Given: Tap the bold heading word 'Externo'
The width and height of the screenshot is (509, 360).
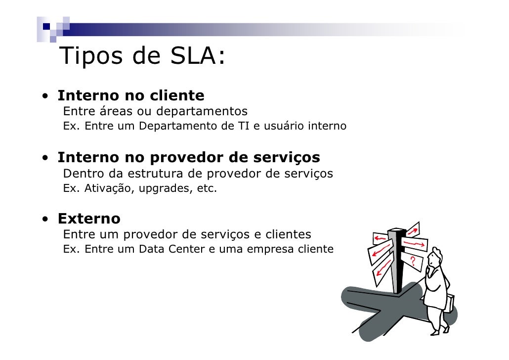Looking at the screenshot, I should (x=89, y=218).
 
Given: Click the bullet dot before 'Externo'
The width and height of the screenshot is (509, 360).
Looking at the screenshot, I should (x=45, y=219).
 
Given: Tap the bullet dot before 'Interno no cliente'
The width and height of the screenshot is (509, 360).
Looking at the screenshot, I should (x=45, y=96).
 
